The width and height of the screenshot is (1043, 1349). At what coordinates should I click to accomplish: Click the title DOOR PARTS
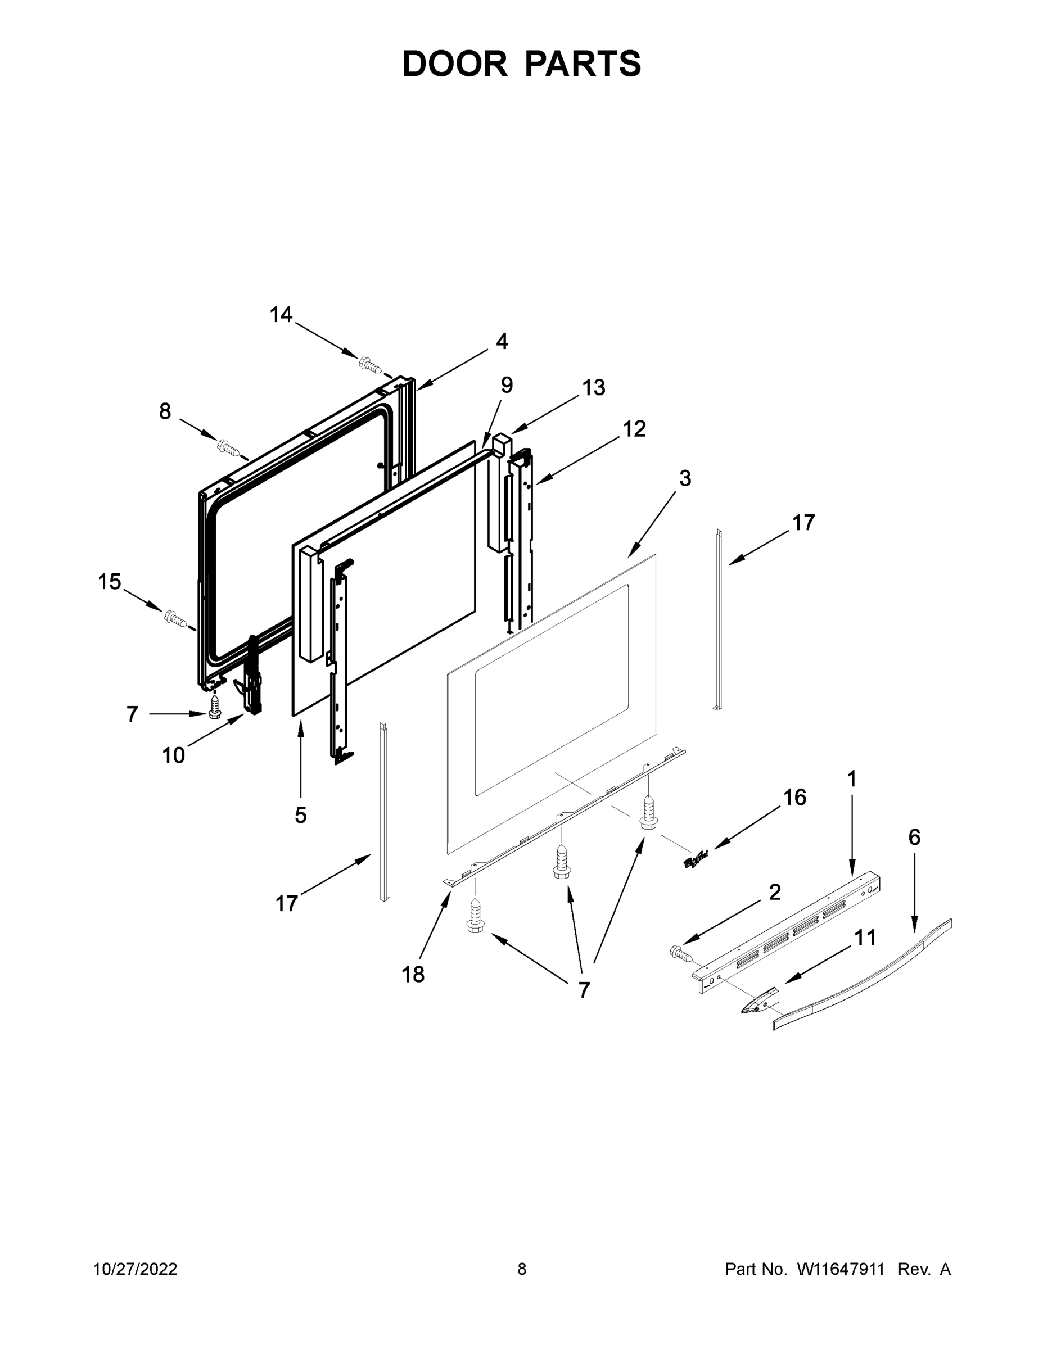[x=522, y=64]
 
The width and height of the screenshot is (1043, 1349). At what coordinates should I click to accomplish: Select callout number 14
[x=281, y=315]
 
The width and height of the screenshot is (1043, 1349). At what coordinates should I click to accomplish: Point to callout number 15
[x=110, y=581]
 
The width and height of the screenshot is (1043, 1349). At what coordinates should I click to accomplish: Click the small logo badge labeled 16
[x=696, y=859]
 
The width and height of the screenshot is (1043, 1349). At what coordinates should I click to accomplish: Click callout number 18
[x=413, y=975]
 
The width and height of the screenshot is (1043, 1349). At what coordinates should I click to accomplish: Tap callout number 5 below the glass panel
[x=300, y=816]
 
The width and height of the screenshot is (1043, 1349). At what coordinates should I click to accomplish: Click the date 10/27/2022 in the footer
[x=136, y=1269]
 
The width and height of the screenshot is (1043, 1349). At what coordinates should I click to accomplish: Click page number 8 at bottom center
[x=522, y=1269]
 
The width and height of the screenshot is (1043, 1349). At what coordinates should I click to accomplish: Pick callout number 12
[x=634, y=429]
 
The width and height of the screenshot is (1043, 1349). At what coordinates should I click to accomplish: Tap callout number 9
[x=506, y=386]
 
